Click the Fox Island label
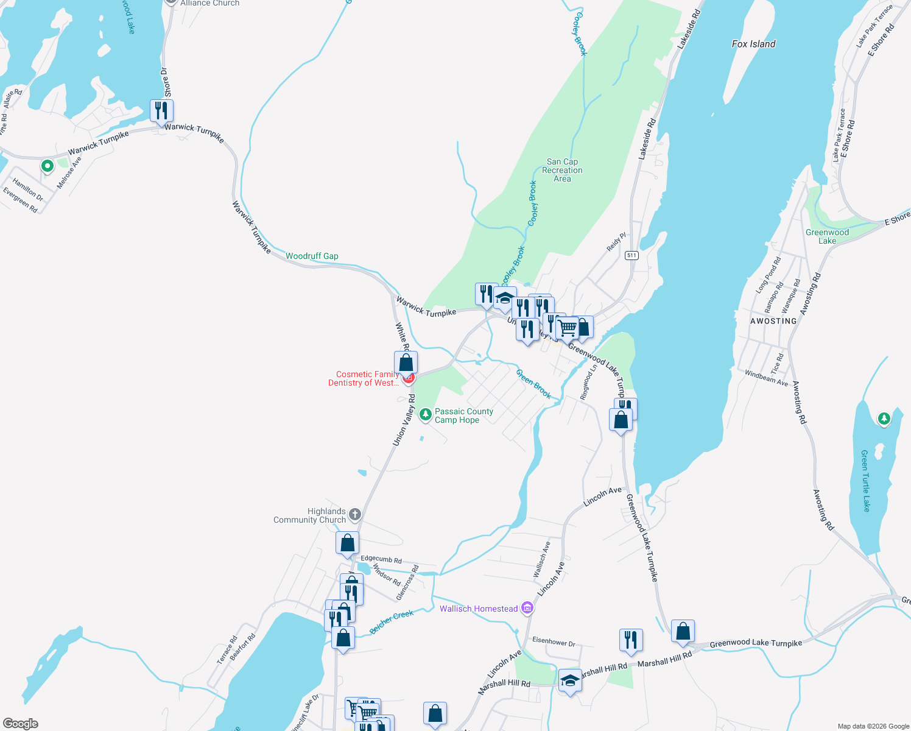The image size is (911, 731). coord(753,44)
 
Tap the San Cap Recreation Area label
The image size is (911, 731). coord(562,171)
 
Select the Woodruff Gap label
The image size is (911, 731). coord(312,256)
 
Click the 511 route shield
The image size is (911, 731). coord(631,255)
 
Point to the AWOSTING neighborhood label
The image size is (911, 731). coord(773,321)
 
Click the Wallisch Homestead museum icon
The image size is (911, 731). coord(527,608)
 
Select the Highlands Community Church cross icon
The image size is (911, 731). coord(354,515)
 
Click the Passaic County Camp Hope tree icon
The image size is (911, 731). coord(426,415)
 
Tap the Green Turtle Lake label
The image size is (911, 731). coord(865,481)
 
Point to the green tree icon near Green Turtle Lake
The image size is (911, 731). coord(884,418)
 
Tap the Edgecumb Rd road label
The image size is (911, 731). coord(381,559)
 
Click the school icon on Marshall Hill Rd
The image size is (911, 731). coord(570,680)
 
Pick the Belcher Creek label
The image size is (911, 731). coord(392,621)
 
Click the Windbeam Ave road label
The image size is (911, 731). coord(766,378)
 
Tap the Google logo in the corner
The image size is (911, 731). coord(21,724)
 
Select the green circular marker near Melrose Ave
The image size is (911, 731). coord(47,166)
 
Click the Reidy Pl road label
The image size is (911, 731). coord(616,242)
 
